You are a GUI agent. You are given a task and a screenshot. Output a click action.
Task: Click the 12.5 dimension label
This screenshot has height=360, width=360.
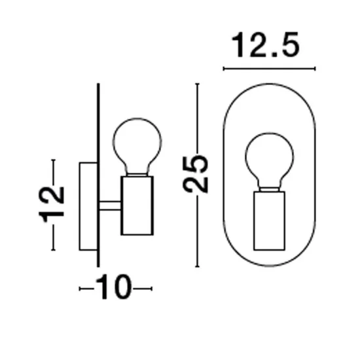266,45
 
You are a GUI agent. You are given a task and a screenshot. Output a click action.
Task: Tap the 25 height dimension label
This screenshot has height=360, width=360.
196,174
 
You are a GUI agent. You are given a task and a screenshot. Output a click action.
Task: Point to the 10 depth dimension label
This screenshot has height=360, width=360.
114,287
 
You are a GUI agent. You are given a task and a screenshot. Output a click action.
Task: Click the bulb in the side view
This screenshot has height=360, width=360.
137,119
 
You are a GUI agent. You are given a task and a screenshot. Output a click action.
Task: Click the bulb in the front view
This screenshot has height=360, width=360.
269,134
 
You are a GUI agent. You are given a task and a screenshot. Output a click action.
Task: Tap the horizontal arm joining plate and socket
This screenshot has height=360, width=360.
110,206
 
